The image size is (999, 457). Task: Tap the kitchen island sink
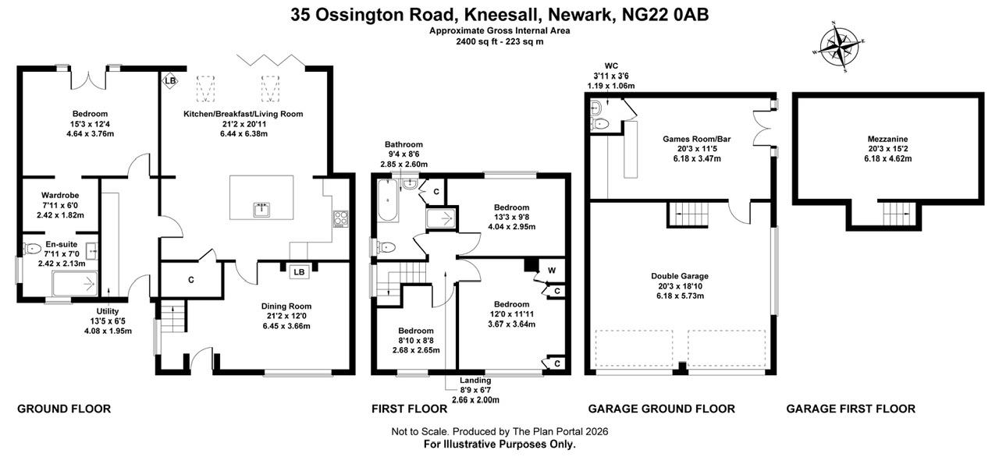[261, 209]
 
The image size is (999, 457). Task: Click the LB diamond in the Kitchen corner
[169, 80]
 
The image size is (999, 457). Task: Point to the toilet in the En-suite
[32, 250]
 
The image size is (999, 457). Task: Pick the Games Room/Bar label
[691, 139]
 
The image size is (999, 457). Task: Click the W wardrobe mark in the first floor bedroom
[552, 271]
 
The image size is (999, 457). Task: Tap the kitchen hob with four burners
[341, 218]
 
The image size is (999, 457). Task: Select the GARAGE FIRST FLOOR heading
[850, 409]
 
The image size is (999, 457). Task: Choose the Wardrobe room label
[60, 195]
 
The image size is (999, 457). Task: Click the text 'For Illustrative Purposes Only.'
[499, 444]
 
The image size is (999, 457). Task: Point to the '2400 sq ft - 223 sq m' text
[499, 41]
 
